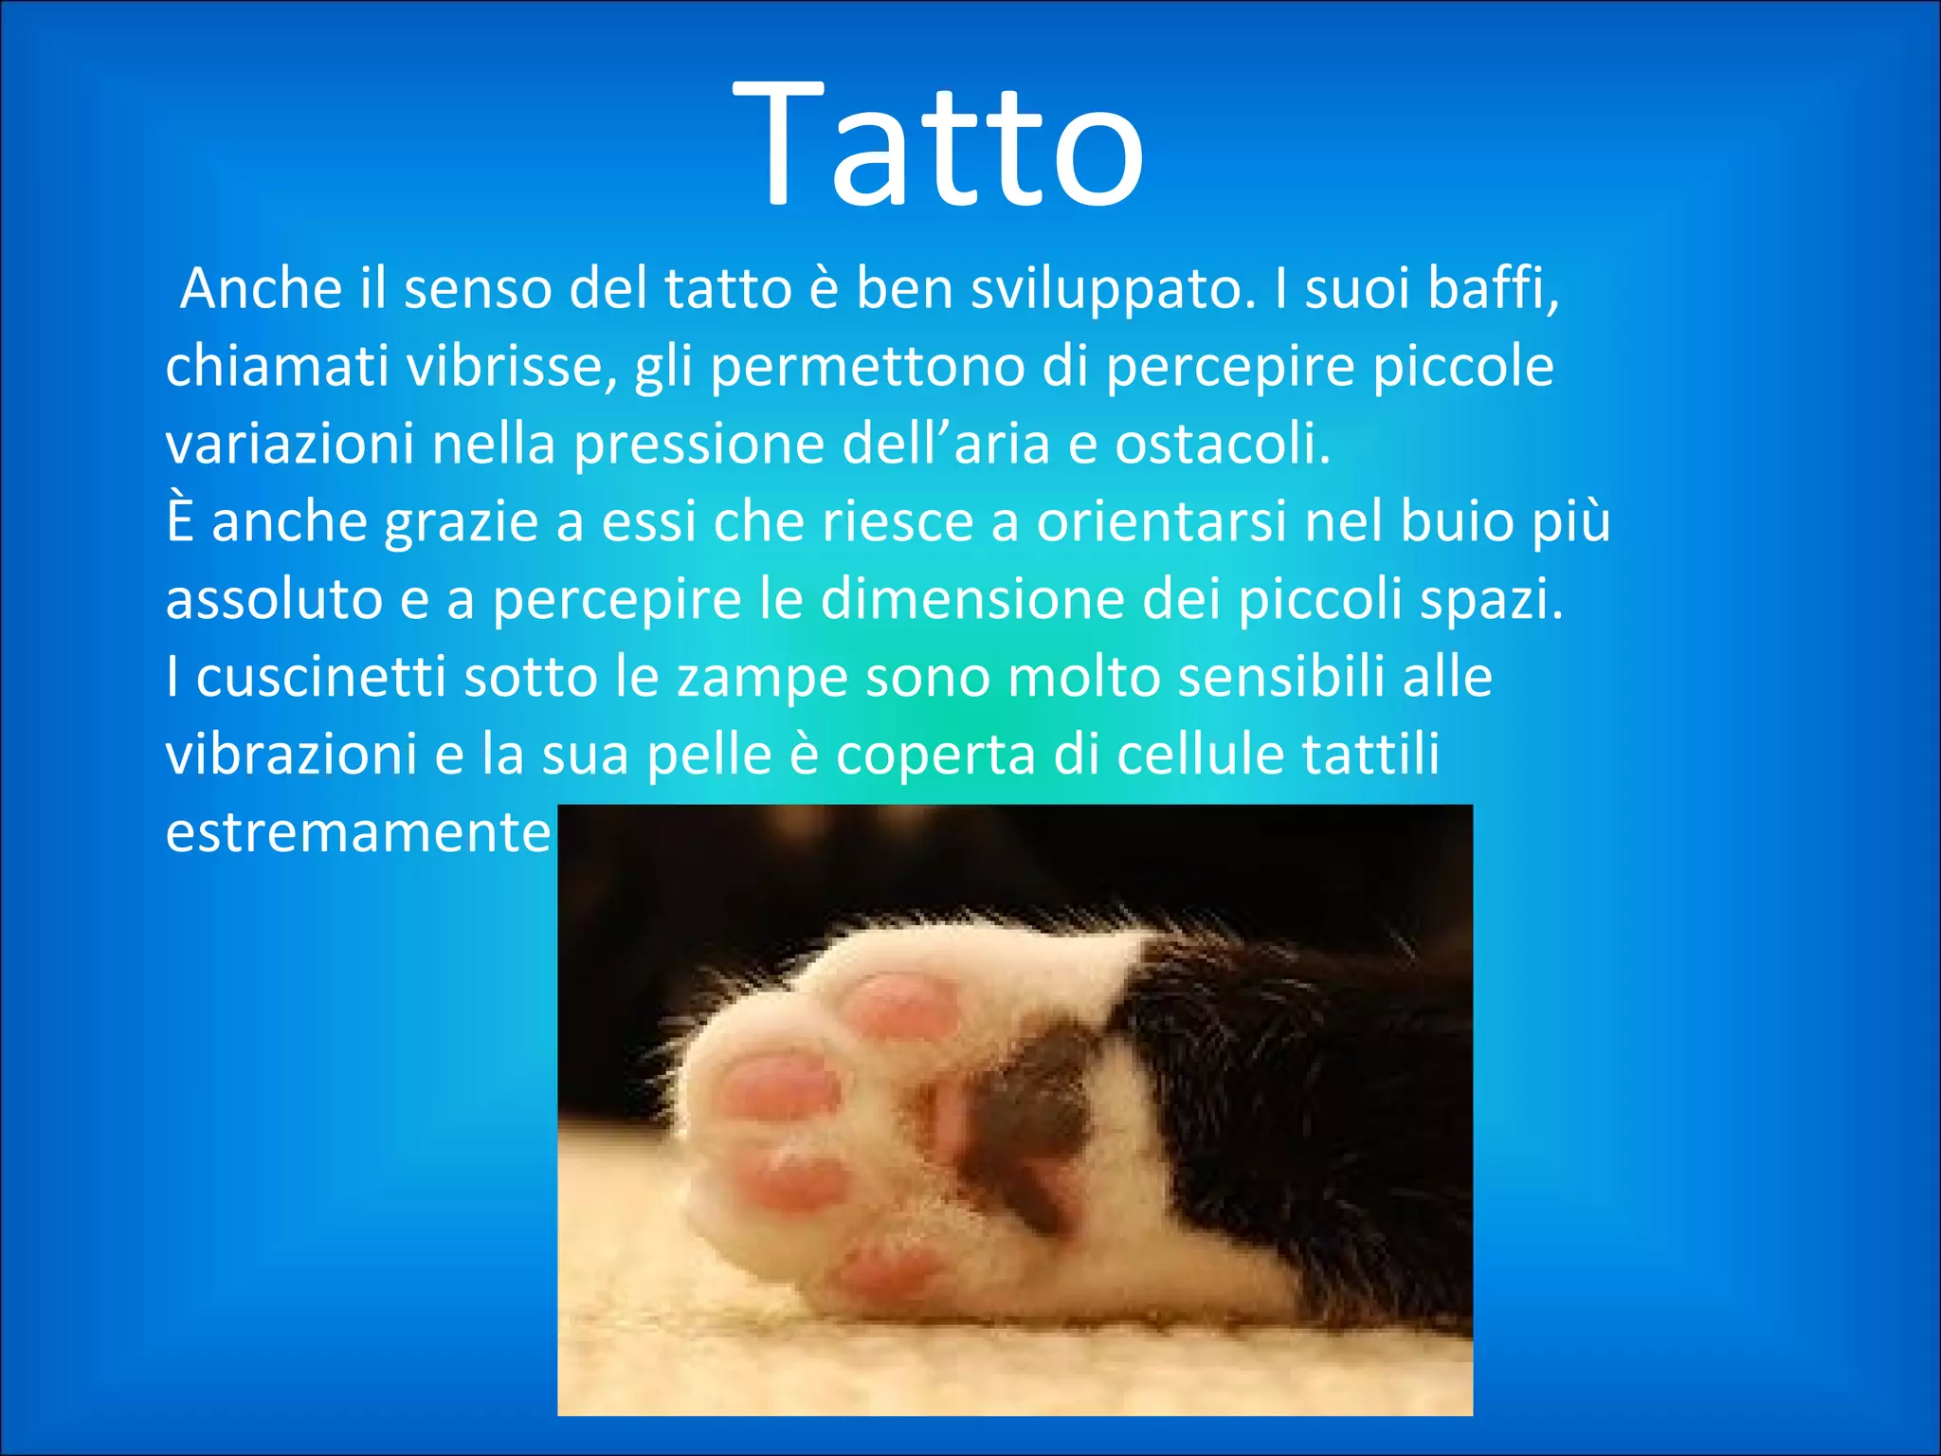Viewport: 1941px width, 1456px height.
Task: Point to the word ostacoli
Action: click(1222, 444)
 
